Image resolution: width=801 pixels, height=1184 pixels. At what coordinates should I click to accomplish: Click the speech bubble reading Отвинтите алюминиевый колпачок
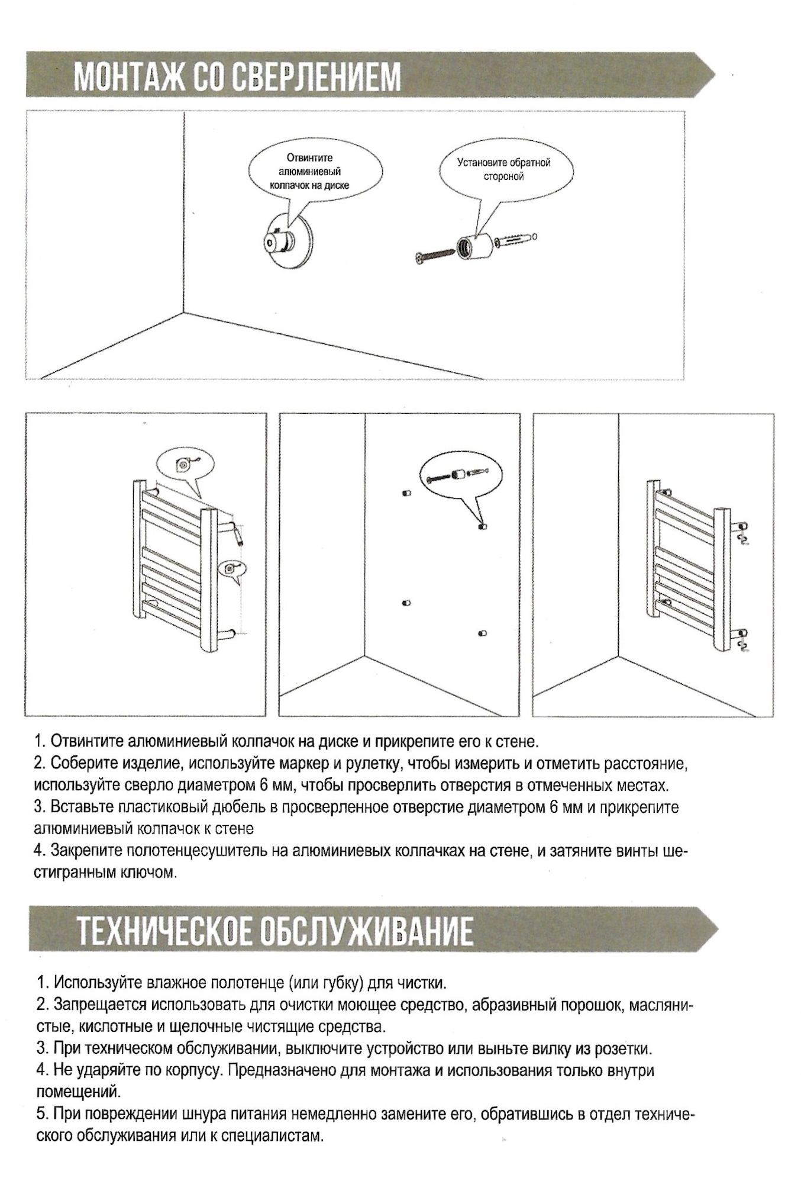(x=309, y=172)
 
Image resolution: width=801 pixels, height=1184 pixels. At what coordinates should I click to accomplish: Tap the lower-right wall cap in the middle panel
(x=482, y=633)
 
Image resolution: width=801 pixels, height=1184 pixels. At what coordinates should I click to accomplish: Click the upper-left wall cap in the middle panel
(x=406, y=493)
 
